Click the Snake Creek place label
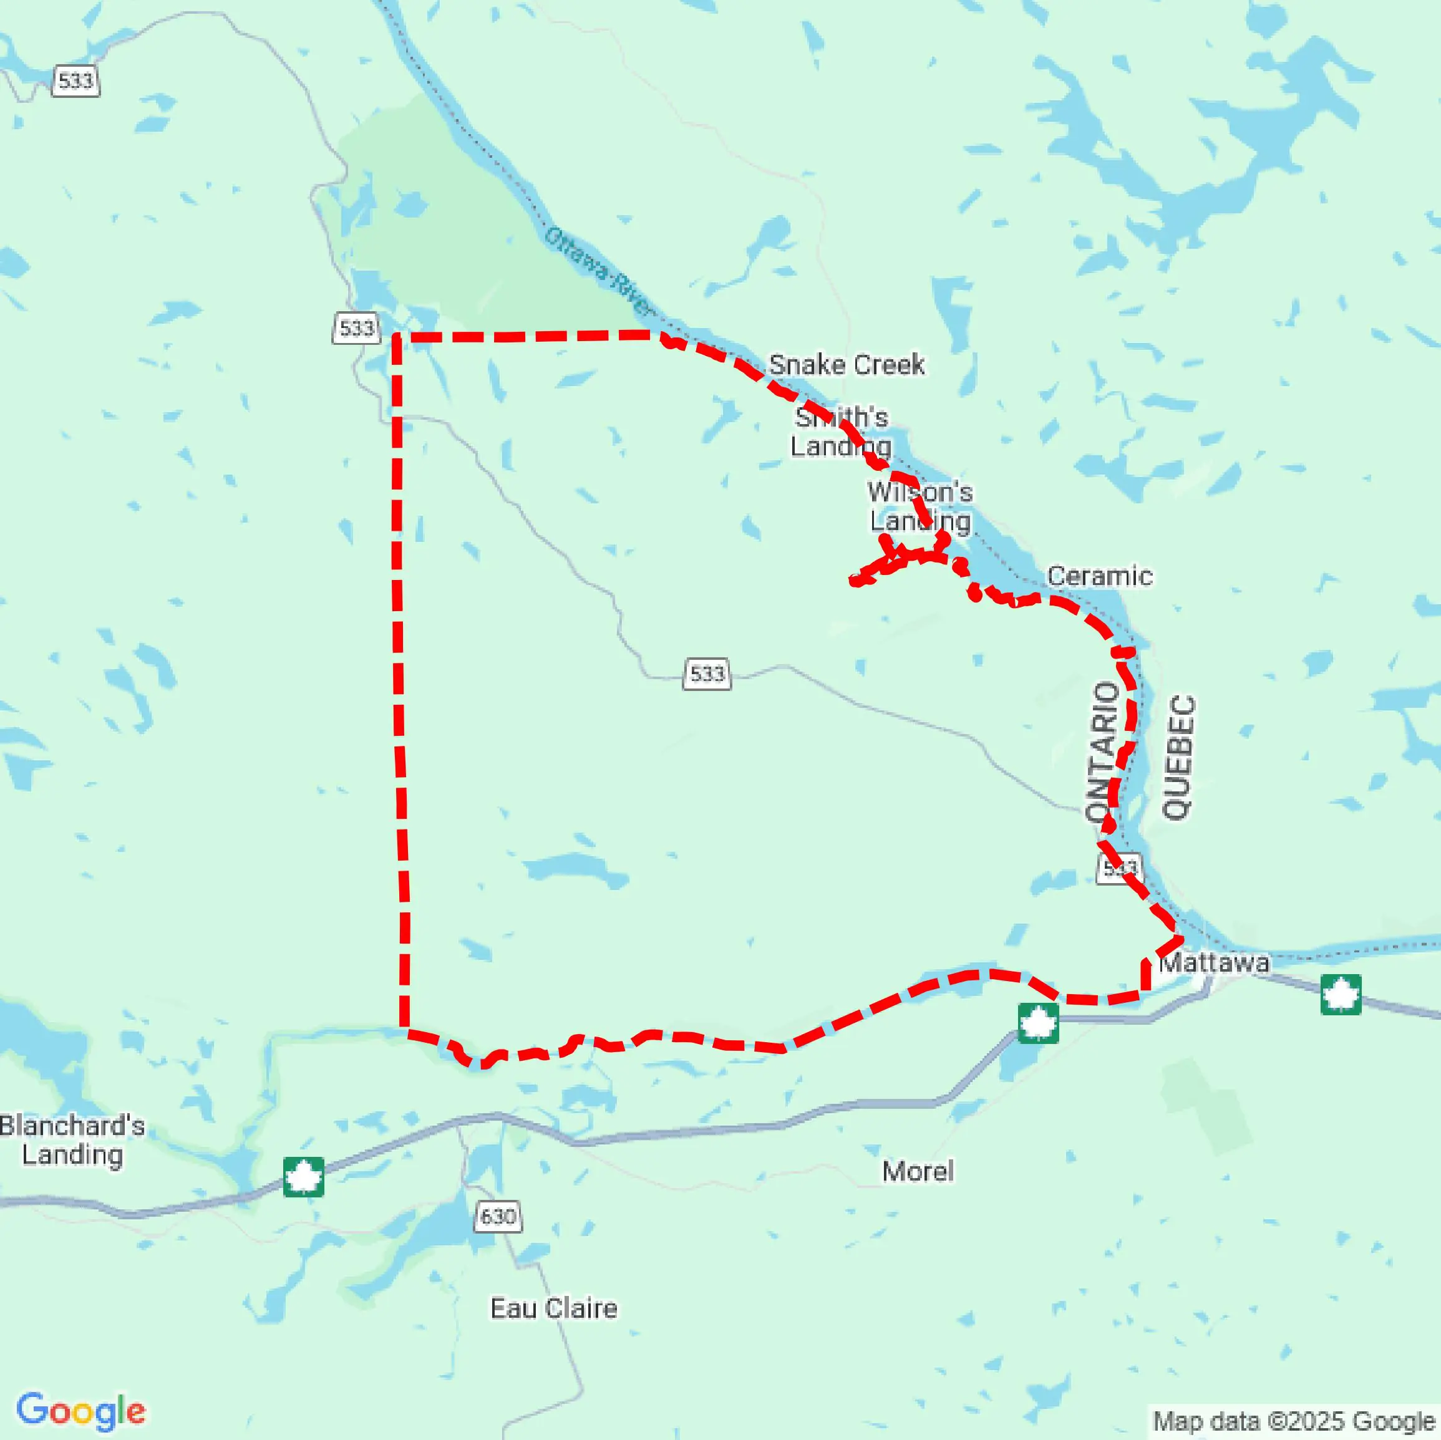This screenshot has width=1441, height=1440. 847,365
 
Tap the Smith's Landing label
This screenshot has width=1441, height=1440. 841,432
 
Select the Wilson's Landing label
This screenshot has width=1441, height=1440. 920,506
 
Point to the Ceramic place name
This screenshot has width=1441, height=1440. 1099,576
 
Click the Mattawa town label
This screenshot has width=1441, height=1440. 1213,963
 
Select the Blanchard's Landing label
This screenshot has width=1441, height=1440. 72,1139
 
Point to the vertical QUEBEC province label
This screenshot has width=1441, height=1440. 1178,757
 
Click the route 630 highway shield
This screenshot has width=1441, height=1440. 498,1216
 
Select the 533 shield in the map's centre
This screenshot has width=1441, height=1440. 706,674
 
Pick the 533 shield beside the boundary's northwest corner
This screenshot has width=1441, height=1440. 356,327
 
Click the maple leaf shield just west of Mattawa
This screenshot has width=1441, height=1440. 1037,1023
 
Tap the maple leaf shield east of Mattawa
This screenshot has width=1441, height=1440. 1341,994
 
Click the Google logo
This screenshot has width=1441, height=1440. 80,1410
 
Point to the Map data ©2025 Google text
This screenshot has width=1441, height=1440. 1293,1421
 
